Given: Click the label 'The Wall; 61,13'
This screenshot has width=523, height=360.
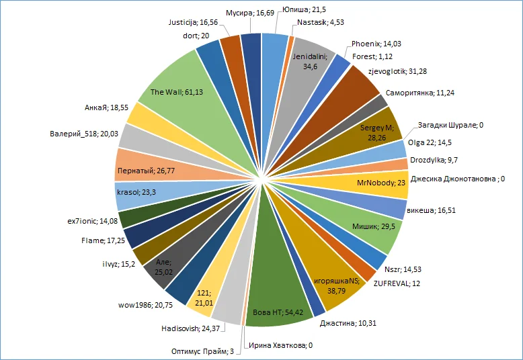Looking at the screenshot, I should pyautogui.click(x=176, y=91).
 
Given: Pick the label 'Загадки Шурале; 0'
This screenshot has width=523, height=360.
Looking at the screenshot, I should pyautogui.click(x=447, y=125).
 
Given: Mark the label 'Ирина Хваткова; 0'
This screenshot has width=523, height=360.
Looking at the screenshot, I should pyautogui.click(x=281, y=345).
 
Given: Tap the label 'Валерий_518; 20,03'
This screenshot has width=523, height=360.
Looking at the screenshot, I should pyautogui.click(x=83, y=133).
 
